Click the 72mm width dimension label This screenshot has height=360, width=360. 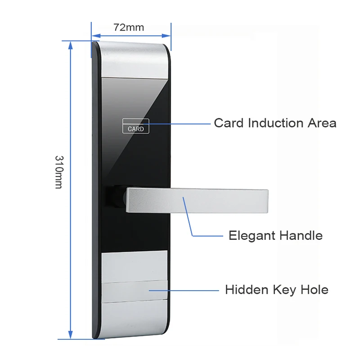(x=129, y=27)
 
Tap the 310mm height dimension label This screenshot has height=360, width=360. (x=59, y=172)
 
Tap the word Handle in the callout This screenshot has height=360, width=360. (x=301, y=235)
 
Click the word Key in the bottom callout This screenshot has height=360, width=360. (x=283, y=290)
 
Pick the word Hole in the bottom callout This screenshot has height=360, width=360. (x=314, y=290)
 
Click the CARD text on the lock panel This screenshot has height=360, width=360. (x=136, y=129)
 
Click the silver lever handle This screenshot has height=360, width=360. (x=198, y=200)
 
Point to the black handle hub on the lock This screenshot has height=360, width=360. (x=115, y=198)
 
